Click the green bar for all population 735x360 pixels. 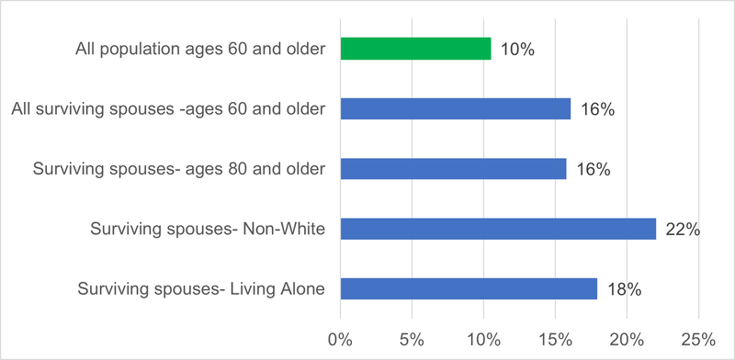pyautogui.click(x=415, y=49)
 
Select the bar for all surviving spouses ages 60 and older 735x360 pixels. pyautogui.click(x=455, y=109)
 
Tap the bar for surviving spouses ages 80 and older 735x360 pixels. pyautogui.click(x=453, y=169)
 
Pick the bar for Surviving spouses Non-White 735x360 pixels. pyautogui.click(x=498, y=229)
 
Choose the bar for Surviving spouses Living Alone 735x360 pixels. pyautogui.click(x=469, y=288)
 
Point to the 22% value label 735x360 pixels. pyautogui.click(x=683, y=230)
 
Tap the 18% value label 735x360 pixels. pyautogui.click(x=624, y=289)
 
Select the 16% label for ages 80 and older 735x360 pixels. pyautogui.click(x=593, y=170)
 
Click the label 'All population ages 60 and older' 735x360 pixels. pyautogui.click(x=200, y=50)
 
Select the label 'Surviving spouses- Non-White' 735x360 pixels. pyautogui.click(x=208, y=230)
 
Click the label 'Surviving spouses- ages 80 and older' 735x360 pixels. pyautogui.click(x=179, y=170)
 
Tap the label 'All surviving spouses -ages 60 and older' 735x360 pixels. pyautogui.click(x=169, y=109)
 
